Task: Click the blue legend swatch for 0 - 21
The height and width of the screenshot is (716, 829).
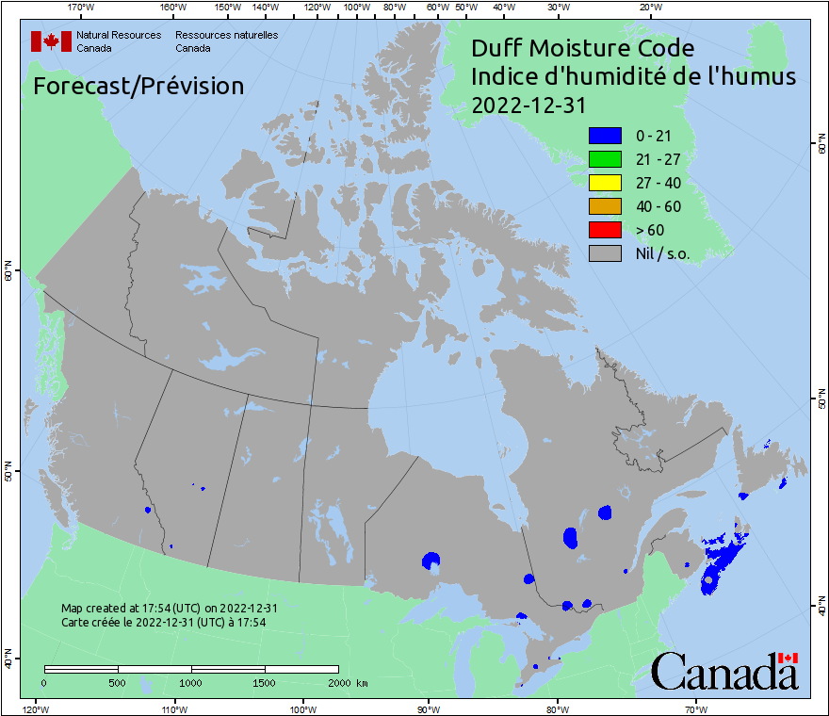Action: coord(605,136)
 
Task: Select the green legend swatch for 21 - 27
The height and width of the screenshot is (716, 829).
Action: coord(605,159)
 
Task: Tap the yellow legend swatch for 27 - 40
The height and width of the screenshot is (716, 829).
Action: coord(605,183)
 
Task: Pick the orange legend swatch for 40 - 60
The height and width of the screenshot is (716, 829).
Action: coord(605,206)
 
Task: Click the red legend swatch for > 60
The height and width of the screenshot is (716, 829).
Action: coord(605,230)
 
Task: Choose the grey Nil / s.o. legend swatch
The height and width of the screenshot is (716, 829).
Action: coord(605,253)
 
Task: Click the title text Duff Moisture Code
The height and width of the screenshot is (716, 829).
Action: coord(582,49)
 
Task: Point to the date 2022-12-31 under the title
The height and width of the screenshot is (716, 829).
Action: coord(524,106)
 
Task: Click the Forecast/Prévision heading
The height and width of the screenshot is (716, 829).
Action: coord(138,86)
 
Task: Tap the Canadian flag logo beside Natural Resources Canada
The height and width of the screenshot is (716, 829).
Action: coord(51,41)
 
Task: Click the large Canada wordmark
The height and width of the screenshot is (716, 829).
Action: coord(724,671)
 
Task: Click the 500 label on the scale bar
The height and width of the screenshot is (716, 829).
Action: coord(117,682)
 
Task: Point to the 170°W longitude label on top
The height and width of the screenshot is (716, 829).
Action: coord(82,7)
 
